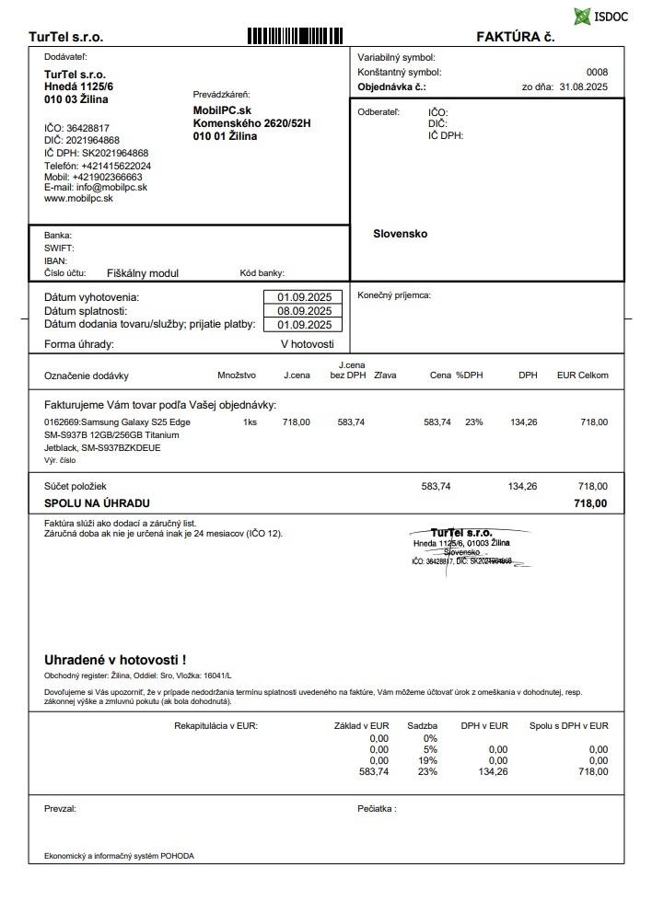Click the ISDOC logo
coord(600,16)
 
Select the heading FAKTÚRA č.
coord(515,37)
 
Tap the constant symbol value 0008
coord(597,72)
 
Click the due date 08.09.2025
coord(304,311)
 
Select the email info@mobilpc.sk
coord(96,187)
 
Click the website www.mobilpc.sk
coord(78,198)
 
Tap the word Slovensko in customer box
coord(400,234)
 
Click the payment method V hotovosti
coord(307,343)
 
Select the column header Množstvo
coord(237,375)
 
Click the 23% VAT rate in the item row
coord(473,422)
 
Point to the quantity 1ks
coord(250,422)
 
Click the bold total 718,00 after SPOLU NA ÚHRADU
coord(589,503)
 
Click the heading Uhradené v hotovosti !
coord(115,660)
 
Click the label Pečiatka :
coord(377,809)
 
